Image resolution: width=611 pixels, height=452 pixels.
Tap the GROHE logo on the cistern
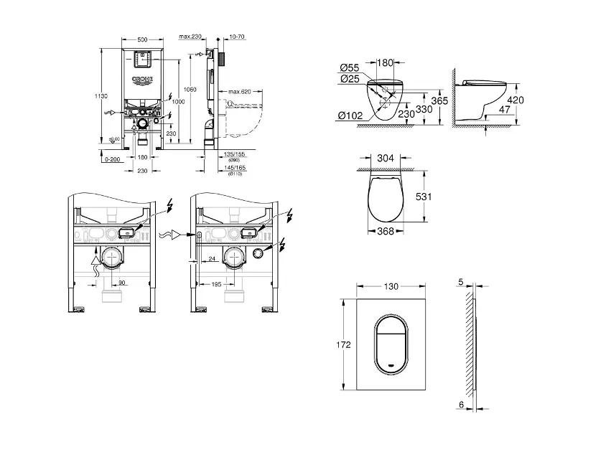pyautogui.click(x=141, y=80)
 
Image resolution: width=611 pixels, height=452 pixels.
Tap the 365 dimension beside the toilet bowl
pyautogui.click(x=440, y=101)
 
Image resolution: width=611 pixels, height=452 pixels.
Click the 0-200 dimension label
pyautogui.click(x=111, y=161)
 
